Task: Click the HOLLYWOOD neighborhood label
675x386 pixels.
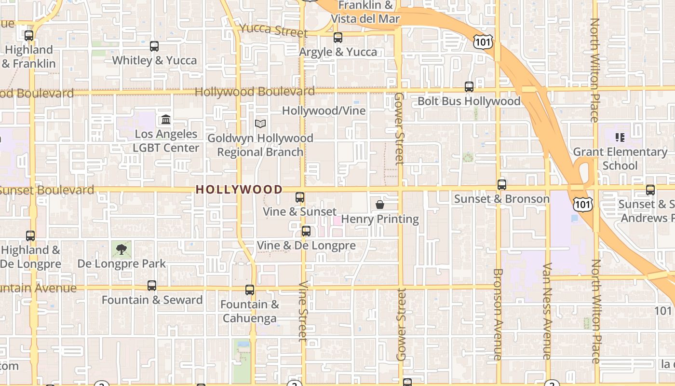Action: [x=239, y=190]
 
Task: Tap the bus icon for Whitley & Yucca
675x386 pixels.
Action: [x=154, y=46]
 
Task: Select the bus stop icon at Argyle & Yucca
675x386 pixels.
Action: [x=338, y=38]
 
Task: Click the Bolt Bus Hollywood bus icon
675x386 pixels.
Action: [x=469, y=87]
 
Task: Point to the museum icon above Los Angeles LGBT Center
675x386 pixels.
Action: [x=166, y=119]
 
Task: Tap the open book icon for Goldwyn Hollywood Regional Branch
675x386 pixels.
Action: [x=260, y=124]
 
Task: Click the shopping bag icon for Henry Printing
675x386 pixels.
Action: [x=380, y=205]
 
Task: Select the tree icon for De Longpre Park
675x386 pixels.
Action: [x=121, y=249]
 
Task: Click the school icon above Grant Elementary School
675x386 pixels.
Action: [x=620, y=138]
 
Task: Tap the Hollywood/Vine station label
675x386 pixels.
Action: [x=324, y=110]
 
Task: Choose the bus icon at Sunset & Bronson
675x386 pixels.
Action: [x=502, y=185]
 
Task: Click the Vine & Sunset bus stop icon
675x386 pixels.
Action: [x=300, y=197]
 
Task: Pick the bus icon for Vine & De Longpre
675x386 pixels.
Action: [x=306, y=231]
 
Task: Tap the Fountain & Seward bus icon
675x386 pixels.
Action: [x=152, y=286]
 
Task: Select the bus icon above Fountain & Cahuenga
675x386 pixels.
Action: [x=250, y=290]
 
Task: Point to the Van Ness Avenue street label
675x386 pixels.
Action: [x=547, y=311]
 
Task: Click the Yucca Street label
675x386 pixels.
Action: [x=273, y=30]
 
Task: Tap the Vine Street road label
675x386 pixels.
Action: [x=303, y=311]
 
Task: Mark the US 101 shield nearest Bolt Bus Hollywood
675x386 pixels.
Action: [x=482, y=41]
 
